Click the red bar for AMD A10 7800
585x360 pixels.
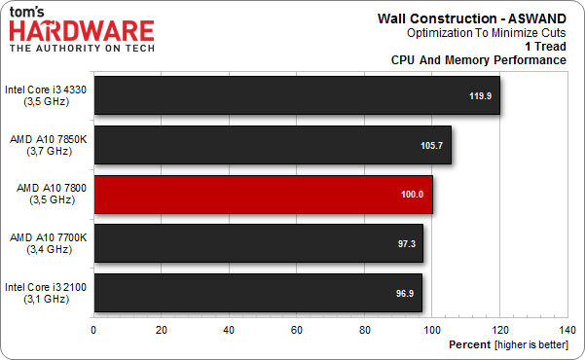click(263, 195)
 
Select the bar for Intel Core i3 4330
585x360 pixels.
click(292, 95)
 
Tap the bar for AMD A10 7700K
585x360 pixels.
click(258, 243)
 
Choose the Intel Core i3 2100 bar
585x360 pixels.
click(257, 292)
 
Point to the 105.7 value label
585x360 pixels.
click(431, 145)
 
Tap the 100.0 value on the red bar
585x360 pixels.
click(413, 195)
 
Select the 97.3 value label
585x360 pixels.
click(405, 243)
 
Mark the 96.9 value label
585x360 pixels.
click(403, 292)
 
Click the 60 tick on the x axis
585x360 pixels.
click(296, 329)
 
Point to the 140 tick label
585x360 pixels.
click(567, 329)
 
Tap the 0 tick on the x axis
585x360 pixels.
click(93, 329)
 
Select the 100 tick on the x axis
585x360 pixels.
click(431, 329)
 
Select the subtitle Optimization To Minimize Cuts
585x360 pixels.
click(487, 32)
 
